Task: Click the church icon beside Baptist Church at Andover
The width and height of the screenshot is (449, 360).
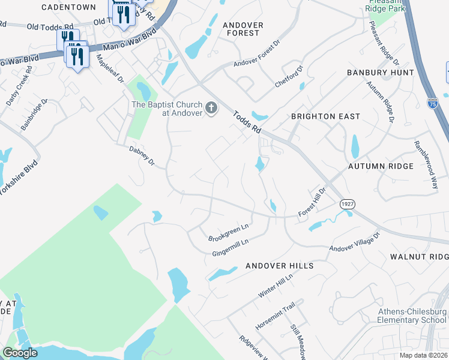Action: (211, 108)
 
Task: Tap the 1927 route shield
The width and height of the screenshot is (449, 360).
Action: (347, 204)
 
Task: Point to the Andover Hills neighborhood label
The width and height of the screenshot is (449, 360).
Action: (279, 265)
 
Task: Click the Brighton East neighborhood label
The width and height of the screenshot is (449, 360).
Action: (325, 116)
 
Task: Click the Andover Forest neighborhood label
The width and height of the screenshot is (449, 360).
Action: (243, 29)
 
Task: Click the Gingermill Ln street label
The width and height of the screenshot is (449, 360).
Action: (231, 247)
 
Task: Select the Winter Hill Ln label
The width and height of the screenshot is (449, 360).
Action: (275, 286)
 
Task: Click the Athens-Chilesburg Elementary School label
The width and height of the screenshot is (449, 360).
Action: (412, 316)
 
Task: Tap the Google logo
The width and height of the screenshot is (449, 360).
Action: (20, 353)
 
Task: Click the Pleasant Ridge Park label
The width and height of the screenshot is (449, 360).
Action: (385, 5)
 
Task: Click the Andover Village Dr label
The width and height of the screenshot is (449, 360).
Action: (355, 242)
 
